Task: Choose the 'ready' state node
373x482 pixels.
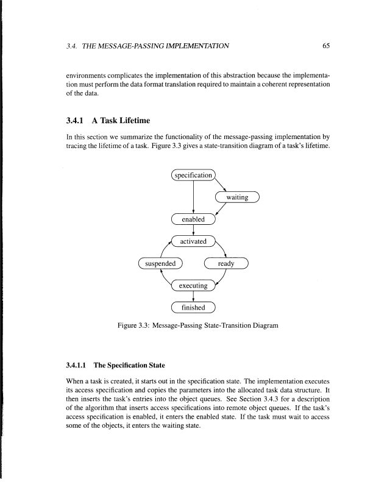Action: (x=227, y=264)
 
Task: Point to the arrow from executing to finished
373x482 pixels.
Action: (x=193, y=296)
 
